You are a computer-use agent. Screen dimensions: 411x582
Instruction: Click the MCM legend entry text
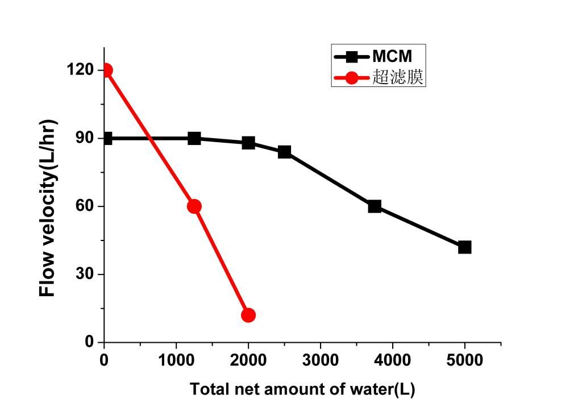coord(392,56)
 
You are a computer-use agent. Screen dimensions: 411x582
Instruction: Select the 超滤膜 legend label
coord(398,77)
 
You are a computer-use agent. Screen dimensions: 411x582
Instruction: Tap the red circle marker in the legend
coord(351,77)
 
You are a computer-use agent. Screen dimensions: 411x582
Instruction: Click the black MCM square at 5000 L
coord(464,247)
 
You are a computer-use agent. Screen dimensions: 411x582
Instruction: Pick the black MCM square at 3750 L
coord(375,206)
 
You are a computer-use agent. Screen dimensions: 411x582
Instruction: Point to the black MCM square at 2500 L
coord(284,152)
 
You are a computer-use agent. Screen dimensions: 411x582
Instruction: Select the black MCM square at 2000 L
coord(248,143)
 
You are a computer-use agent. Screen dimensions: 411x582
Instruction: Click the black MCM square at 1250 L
coord(194,138)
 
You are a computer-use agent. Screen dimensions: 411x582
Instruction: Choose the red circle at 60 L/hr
coord(194,206)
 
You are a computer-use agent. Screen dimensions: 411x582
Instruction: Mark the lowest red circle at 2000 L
coord(248,315)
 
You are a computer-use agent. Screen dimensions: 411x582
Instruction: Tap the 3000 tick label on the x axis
coord(320,360)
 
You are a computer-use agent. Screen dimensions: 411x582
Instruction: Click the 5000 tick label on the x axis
coord(464,360)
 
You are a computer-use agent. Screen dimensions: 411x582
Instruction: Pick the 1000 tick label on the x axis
coord(176,360)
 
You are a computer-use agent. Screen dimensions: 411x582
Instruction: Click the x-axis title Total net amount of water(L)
coord(302,389)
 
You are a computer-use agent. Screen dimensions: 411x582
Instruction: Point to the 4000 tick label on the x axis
coord(392,360)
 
